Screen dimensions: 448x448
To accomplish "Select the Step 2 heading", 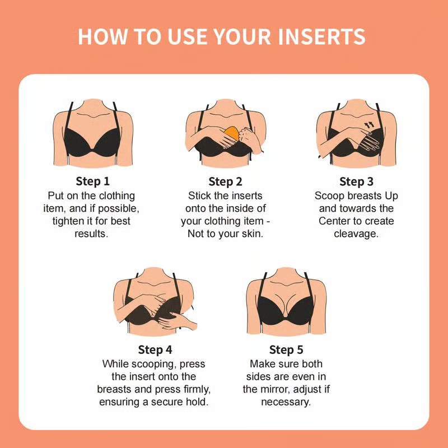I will tap(225, 181).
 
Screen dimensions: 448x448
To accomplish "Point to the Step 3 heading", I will tap(356, 181).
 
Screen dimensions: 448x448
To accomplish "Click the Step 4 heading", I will tap(155, 350).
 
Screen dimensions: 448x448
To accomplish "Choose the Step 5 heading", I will tap(286, 350).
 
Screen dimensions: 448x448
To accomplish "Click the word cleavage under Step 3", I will tap(356, 234).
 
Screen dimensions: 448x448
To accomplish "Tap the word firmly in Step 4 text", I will tap(195, 389).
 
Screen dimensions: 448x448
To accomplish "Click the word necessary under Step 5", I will tap(286, 402).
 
